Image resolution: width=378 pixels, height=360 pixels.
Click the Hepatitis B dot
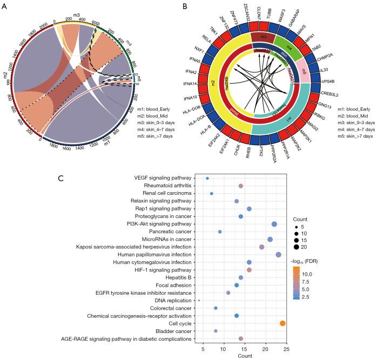(x=241, y=277)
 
